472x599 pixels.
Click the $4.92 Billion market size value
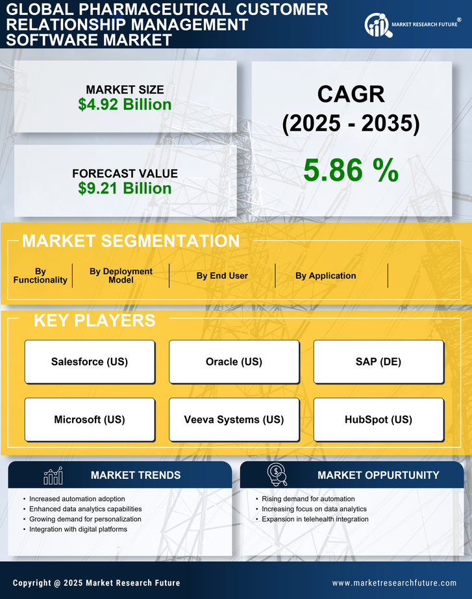(x=125, y=105)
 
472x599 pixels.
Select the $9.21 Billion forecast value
(x=125, y=188)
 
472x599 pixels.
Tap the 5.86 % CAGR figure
(x=351, y=170)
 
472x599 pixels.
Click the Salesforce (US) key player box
(x=90, y=362)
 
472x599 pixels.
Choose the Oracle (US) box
(x=234, y=362)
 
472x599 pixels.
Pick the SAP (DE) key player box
(x=379, y=362)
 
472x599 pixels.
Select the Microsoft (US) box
(x=90, y=420)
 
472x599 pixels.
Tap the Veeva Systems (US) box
(x=234, y=420)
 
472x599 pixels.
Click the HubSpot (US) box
(x=379, y=420)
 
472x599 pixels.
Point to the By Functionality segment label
(x=40, y=275)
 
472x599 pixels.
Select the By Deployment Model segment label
(x=121, y=275)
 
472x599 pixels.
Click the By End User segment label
(x=222, y=275)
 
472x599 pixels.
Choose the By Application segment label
(x=325, y=275)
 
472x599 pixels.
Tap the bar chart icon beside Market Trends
(x=53, y=476)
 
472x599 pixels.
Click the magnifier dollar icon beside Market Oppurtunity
(x=277, y=475)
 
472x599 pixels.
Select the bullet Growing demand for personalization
(x=85, y=519)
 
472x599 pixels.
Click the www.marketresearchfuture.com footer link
(x=394, y=583)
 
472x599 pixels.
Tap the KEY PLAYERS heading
(x=94, y=320)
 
